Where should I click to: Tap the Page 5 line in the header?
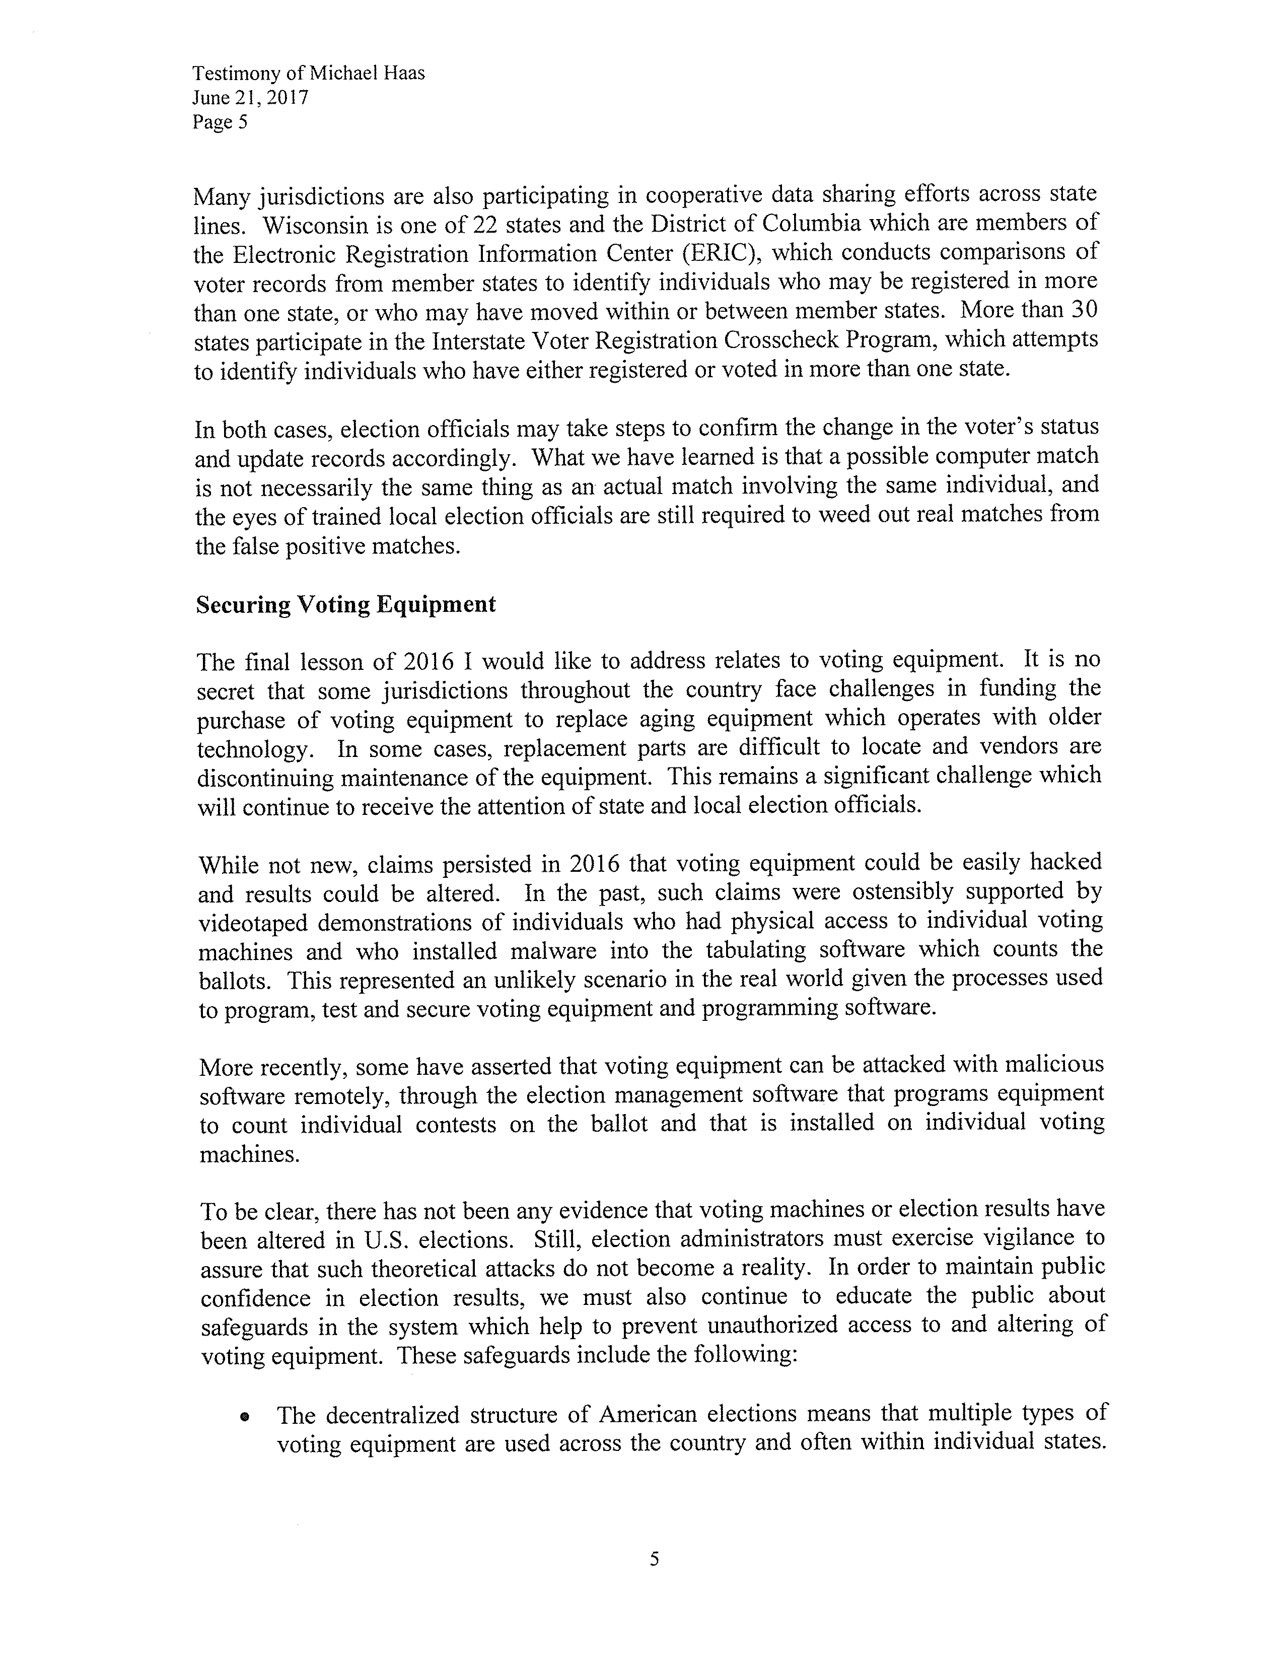220,122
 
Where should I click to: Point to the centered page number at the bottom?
654,1559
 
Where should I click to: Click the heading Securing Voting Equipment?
346,604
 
